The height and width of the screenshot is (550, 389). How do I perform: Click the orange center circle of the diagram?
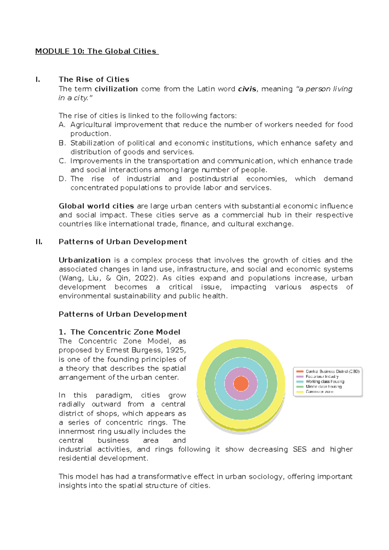[x=241, y=383]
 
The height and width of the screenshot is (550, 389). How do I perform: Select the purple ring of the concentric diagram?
[x=241, y=372]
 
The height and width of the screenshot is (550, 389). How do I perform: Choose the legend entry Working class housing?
[x=325, y=382]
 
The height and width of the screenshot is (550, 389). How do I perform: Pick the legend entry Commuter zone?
[x=319, y=392]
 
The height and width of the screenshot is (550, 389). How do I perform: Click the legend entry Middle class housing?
[x=324, y=387]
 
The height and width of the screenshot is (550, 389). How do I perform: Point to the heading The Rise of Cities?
[x=94, y=79]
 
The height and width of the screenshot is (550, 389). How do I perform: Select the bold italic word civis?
[x=247, y=89]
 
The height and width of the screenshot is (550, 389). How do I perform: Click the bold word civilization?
[x=116, y=89]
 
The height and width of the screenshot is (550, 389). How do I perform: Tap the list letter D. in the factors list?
[x=63, y=179]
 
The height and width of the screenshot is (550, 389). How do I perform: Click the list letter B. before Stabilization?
[x=62, y=143]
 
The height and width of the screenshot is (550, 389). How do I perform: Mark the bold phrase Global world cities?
[x=96, y=206]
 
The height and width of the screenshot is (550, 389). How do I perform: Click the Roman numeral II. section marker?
[x=39, y=242]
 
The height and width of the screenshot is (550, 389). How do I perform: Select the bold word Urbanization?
[x=85, y=260]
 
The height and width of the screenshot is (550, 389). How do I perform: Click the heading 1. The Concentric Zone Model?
[x=119, y=332]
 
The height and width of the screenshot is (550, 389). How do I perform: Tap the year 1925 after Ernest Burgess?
[x=175, y=350]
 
